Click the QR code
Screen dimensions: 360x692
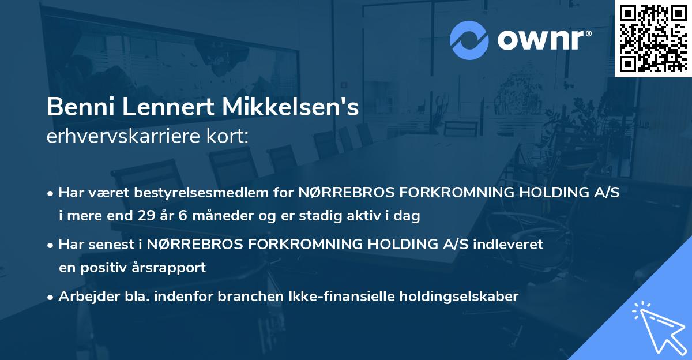(x=653, y=38)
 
